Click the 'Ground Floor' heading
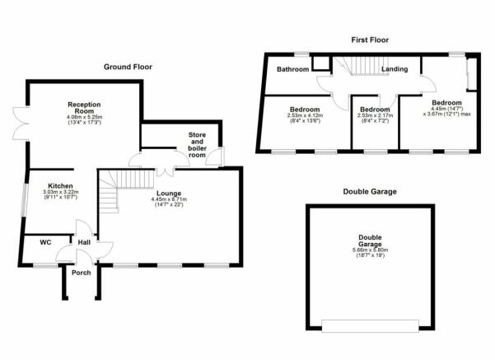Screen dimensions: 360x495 click(x=128, y=67)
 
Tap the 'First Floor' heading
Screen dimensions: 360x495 click(x=370, y=39)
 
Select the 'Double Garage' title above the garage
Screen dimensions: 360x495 click(x=370, y=191)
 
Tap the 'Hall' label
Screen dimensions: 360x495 click(x=84, y=242)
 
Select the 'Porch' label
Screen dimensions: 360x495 click(x=81, y=273)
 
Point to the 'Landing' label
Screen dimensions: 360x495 click(x=393, y=69)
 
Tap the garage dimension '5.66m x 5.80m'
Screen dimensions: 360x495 click(x=370, y=250)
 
